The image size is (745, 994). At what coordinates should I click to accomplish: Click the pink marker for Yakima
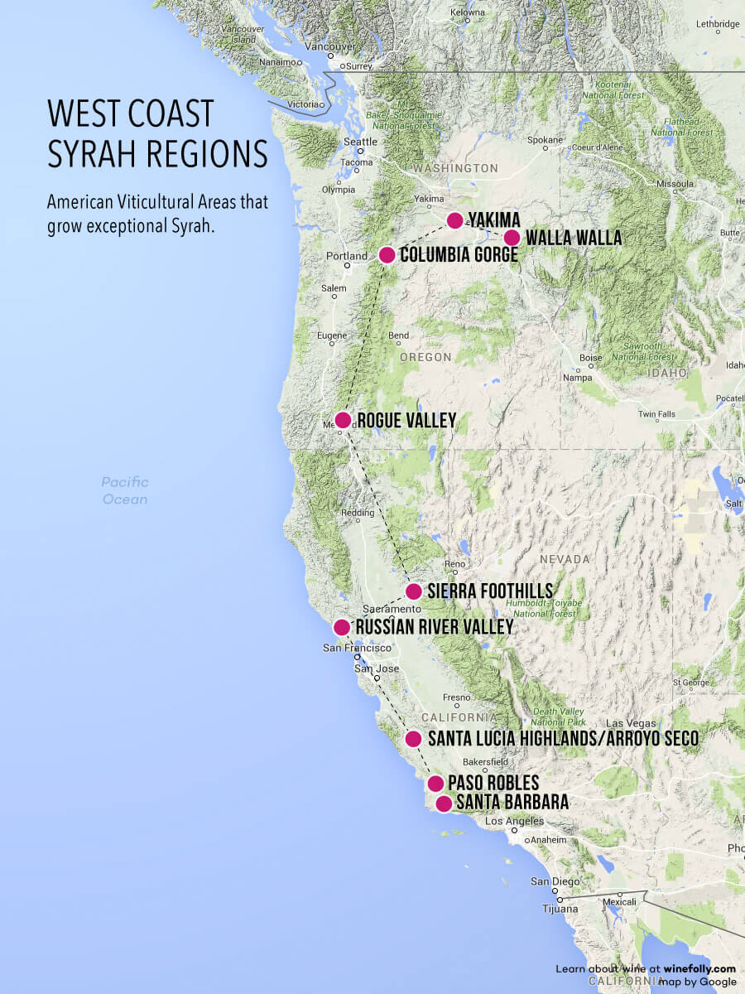point(454,220)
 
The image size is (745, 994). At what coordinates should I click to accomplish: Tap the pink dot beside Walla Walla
point(512,238)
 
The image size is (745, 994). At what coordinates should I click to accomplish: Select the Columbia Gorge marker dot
point(387,254)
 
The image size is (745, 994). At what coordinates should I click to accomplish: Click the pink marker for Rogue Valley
point(343,420)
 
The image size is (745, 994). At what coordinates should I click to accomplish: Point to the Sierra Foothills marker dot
point(414,591)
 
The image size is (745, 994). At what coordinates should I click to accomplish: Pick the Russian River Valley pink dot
point(341,627)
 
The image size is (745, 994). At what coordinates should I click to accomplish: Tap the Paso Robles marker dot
point(435,783)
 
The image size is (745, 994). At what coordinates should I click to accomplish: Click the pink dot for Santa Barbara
point(444,803)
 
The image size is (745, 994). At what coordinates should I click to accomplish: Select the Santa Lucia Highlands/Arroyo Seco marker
point(414,738)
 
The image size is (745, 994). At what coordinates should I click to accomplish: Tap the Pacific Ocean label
point(125,490)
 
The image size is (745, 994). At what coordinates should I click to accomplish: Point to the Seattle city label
point(360,142)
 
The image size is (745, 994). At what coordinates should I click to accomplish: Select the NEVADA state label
point(565,559)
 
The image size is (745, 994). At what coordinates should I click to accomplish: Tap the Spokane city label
point(545,140)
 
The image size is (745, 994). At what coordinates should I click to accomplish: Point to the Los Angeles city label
point(514,821)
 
